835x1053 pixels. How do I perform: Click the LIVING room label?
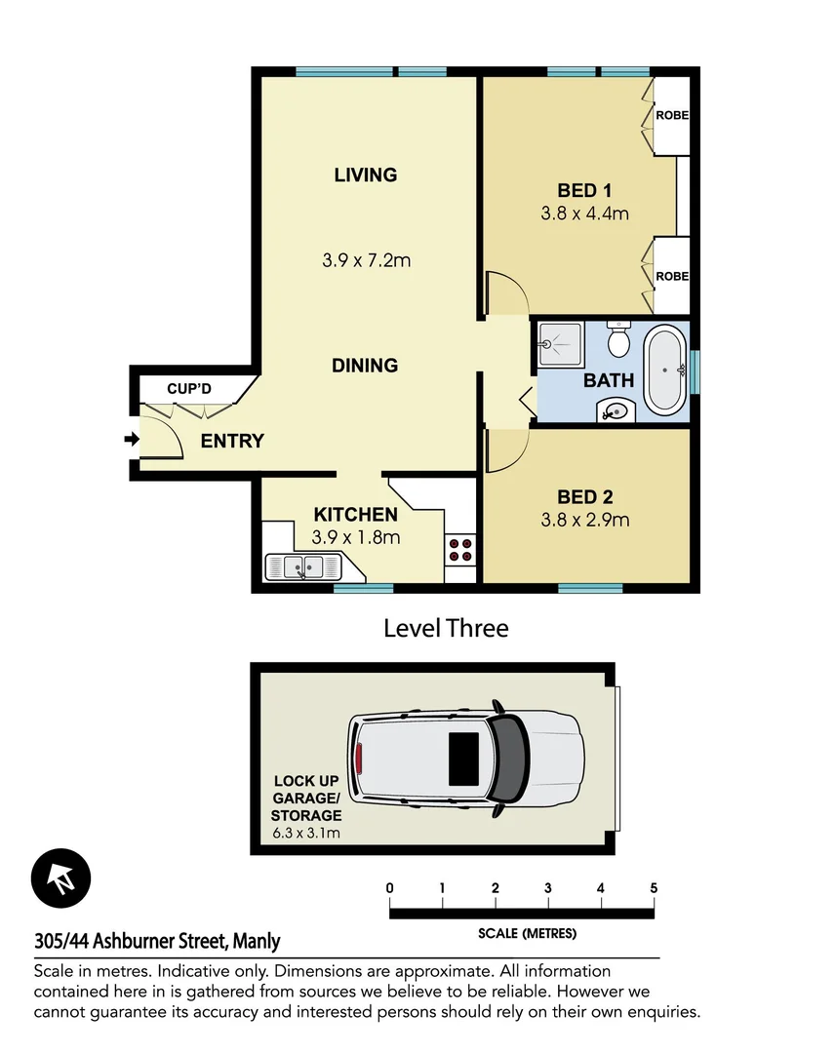pyautogui.click(x=365, y=175)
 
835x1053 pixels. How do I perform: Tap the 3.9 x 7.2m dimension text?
pyautogui.click(x=366, y=260)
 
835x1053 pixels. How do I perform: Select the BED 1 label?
pyautogui.click(x=584, y=190)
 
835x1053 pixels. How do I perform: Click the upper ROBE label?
pyautogui.click(x=671, y=115)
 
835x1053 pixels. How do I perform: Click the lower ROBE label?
pyautogui.click(x=671, y=276)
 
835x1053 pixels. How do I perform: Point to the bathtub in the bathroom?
pyautogui.click(x=665, y=371)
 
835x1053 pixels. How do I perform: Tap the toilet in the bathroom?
pyautogui.click(x=618, y=341)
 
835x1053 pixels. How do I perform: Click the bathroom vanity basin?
pyautogui.click(x=616, y=410)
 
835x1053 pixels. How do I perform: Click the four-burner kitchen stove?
pyautogui.click(x=460, y=550)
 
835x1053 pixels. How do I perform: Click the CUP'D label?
pyautogui.click(x=188, y=390)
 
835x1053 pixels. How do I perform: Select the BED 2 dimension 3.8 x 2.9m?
pyautogui.click(x=584, y=520)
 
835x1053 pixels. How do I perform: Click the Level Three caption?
pyautogui.click(x=446, y=628)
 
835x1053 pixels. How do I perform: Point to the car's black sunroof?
pyautogui.click(x=463, y=759)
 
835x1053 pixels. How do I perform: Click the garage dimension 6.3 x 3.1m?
pyautogui.click(x=307, y=834)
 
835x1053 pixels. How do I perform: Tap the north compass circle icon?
pyautogui.click(x=60, y=877)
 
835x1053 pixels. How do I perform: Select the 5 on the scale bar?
pyautogui.click(x=654, y=888)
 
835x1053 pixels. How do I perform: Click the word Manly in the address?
pyautogui.click(x=258, y=942)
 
